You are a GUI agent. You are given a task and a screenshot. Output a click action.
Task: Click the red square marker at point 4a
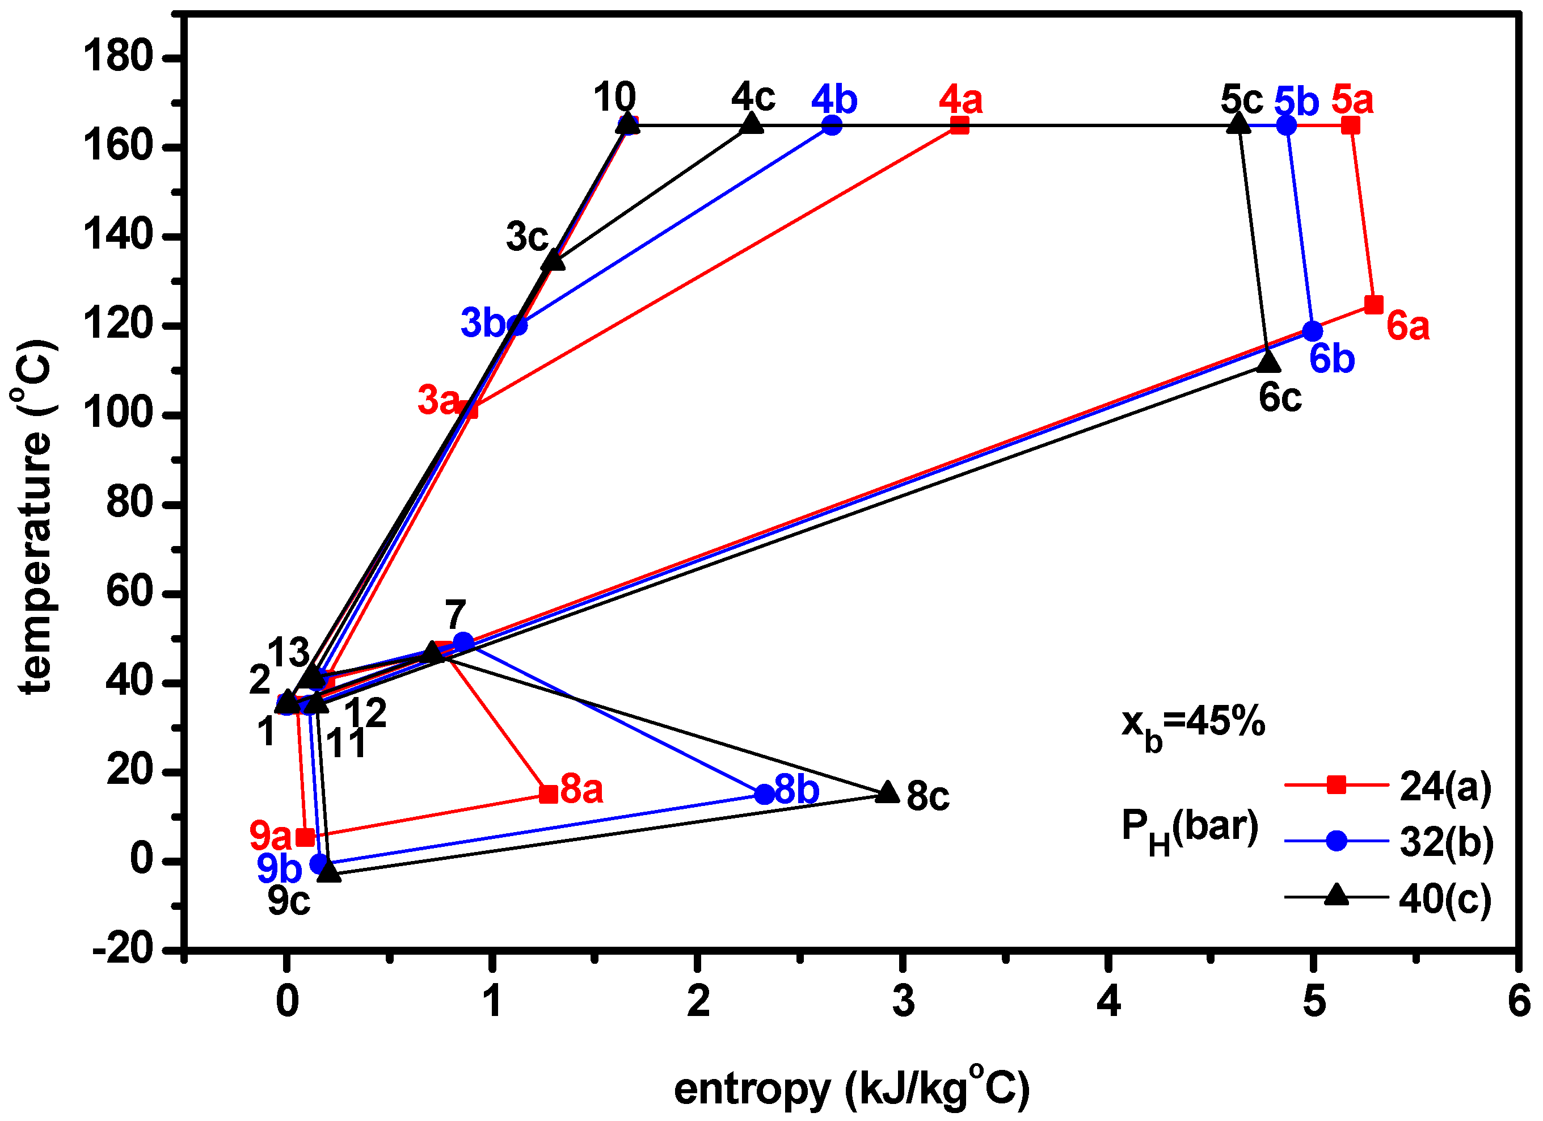[x=959, y=125]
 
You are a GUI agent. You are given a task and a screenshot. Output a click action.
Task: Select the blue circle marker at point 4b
[x=832, y=125]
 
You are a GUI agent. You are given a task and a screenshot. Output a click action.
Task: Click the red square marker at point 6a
[x=1373, y=304]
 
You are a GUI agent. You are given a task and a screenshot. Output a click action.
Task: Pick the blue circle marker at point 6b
[x=1312, y=331]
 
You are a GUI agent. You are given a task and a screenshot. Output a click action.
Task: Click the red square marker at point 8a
[x=549, y=793]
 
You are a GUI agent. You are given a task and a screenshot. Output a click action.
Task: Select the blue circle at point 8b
[x=765, y=794]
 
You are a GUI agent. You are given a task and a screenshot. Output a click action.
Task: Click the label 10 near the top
[x=614, y=96]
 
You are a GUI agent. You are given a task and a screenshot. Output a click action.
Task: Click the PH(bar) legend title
[x=1189, y=828]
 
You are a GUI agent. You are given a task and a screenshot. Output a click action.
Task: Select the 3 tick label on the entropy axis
[x=903, y=1001]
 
